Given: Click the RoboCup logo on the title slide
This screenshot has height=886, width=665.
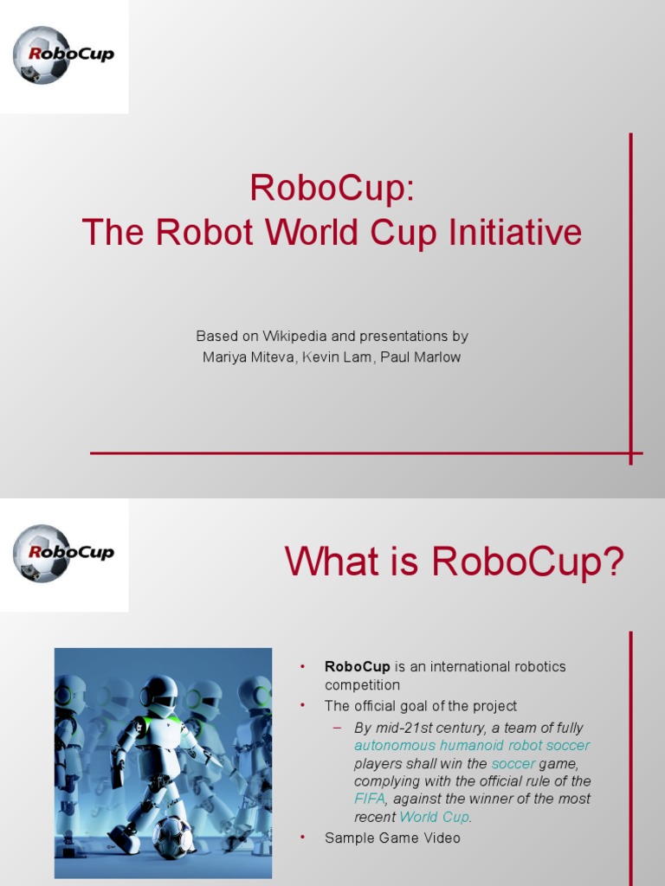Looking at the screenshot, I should (63, 55).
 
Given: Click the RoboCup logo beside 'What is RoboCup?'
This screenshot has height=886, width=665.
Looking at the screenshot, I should (63, 553).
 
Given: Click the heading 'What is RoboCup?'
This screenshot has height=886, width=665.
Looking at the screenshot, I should (455, 563).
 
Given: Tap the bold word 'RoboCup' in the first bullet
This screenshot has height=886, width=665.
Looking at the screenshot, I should (358, 666).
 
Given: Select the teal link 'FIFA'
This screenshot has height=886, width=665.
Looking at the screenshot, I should (369, 799).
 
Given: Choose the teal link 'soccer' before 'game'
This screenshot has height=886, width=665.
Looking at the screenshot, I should (513, 763).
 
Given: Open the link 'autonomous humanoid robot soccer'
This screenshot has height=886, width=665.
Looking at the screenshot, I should (472, 745).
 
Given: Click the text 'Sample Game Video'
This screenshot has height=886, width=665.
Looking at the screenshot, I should (392, 838).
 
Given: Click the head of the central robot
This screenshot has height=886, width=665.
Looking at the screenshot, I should (160, 697).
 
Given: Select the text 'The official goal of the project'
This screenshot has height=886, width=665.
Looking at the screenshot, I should (420, 706).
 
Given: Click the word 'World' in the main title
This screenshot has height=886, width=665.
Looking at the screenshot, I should (310, 233).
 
